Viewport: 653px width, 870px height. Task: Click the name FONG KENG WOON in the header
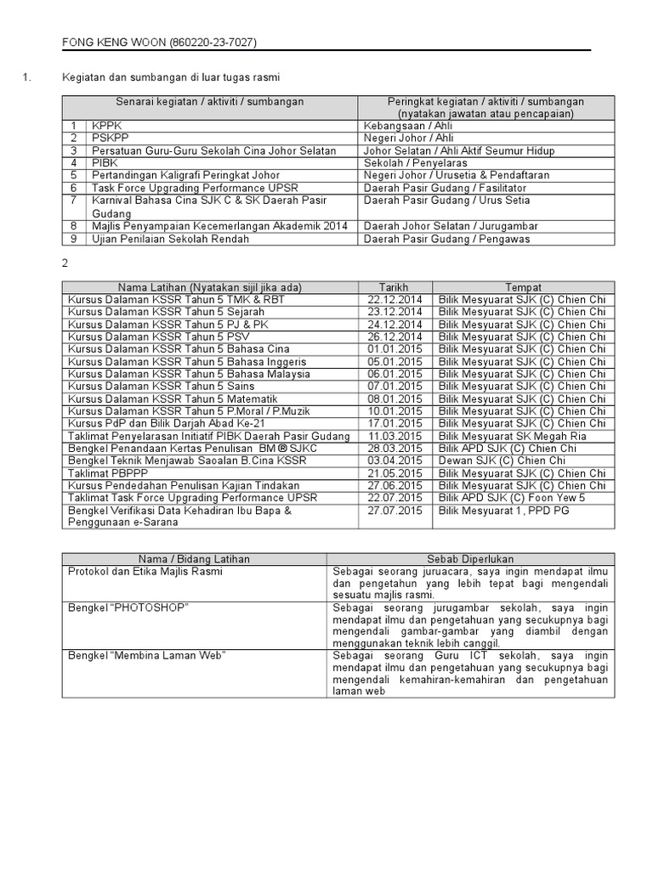(115, 42)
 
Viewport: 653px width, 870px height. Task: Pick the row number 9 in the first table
(74, 239)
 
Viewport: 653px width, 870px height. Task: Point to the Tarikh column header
(395, 287)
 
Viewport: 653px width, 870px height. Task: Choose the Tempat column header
(523, 287)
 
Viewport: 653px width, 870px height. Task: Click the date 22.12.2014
(395, 300)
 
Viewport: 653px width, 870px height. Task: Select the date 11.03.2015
(395, 436)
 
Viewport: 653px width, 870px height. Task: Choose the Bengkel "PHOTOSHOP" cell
(128, 608)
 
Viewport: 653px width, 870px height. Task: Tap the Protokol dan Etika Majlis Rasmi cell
(145, 572)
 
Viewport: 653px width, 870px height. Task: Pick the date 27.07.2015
(395, 511)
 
